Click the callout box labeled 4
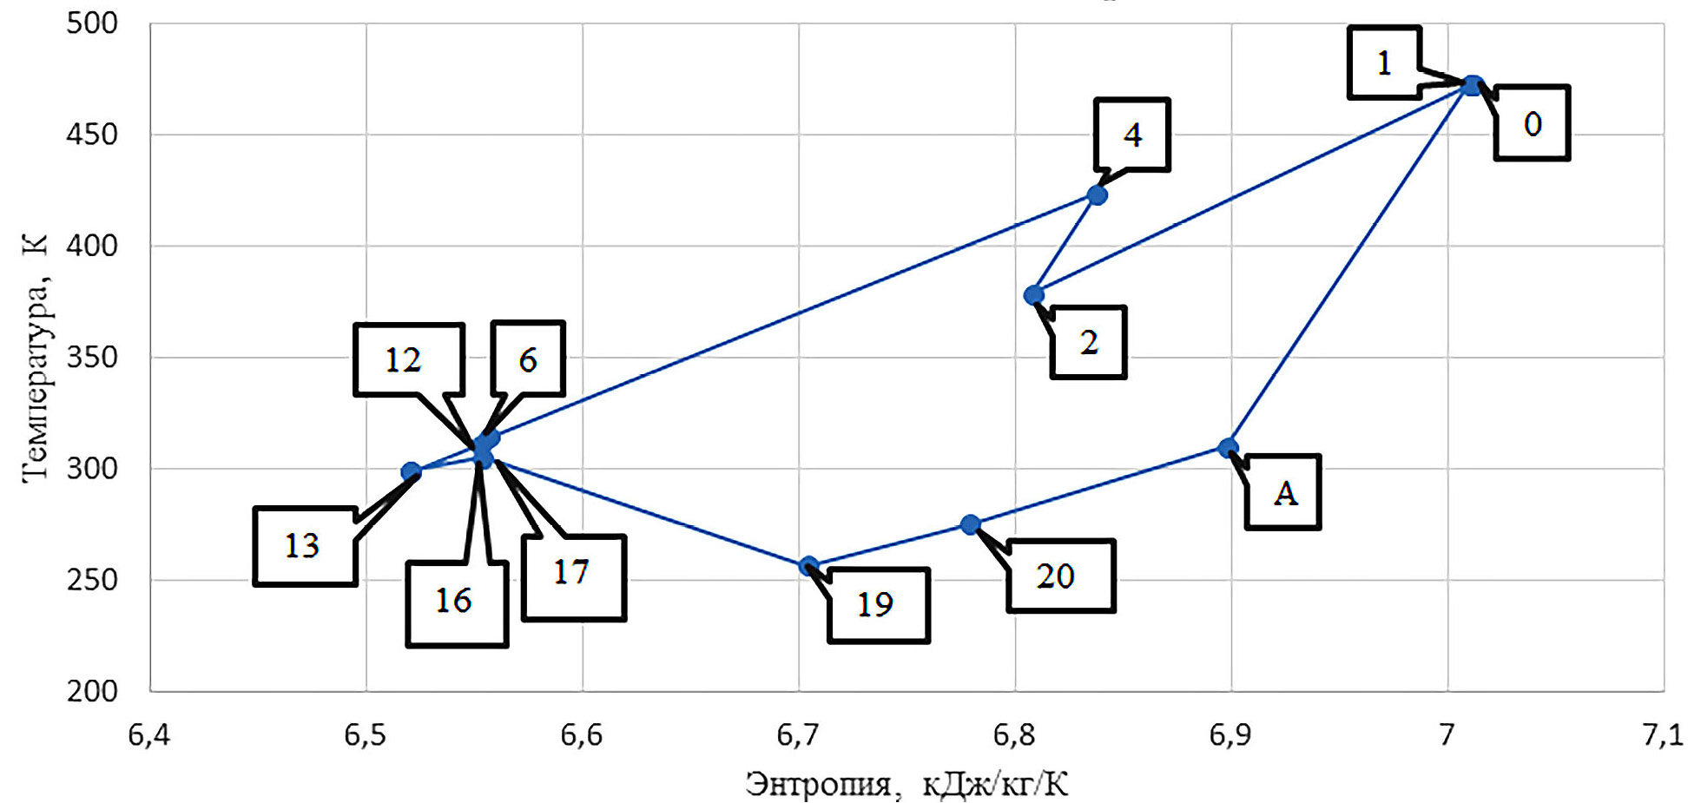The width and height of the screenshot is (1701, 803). [1132, 135]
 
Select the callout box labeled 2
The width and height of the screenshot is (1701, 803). [1088, 342]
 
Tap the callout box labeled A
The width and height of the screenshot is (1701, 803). [1283, 492]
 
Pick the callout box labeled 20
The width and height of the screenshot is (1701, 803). [1060, 576]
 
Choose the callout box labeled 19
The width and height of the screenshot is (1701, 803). [879, 605]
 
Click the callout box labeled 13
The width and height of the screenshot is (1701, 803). [305, 546]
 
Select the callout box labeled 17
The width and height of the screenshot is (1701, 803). [573, 576]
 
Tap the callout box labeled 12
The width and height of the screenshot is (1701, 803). [408, 359]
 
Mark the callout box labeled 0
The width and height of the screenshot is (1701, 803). [1532, 123]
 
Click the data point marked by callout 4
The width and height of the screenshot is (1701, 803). [1097, 195]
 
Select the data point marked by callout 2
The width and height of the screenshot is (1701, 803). [1033, 295]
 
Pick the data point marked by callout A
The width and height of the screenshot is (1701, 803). [1227, 448]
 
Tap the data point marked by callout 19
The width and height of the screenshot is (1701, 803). [808, 566]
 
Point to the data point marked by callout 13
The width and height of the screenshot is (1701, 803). [411, 472]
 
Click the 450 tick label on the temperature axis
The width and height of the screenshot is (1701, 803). [92, 135]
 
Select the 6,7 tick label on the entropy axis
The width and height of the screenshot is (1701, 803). [797, 735]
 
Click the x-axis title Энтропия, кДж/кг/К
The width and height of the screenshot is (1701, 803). [907, 784]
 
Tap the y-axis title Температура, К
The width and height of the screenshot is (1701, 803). [35, 357]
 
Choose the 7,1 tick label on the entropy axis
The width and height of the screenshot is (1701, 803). [1662, 735]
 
